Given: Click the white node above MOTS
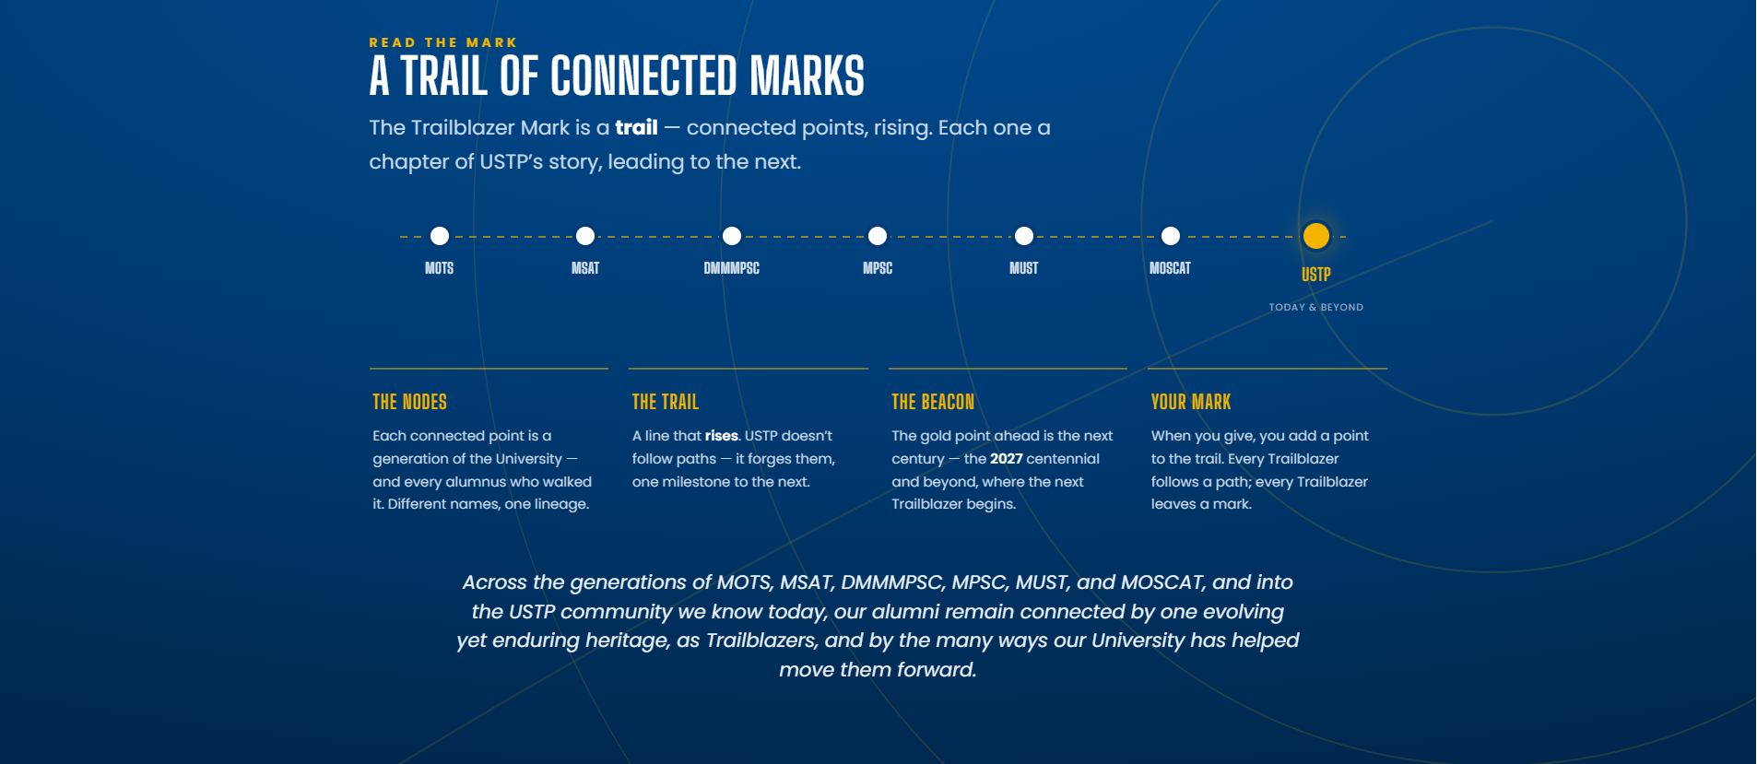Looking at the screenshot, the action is (x=440, y=236).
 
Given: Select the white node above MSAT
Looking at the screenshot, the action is (x=585, y=236).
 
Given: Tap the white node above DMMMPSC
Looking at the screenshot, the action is (x=732, y=236).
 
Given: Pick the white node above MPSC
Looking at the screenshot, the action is (x=878, y=236).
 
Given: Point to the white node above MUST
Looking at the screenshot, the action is (x=1024, y=236).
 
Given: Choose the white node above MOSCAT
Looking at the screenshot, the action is (x=1171, y=236).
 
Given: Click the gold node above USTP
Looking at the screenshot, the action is (x=1316, y=236).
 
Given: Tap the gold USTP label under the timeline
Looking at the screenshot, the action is (x=1316, y=275).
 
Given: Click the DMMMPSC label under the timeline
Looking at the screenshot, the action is (x=732, y=268).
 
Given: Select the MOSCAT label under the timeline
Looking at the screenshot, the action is (x=1171, y=268).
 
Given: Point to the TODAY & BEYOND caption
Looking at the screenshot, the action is (x=1316, y=307).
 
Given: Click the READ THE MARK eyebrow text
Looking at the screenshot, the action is (x=443, y=42).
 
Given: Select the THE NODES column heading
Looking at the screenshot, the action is (x=410, y=402).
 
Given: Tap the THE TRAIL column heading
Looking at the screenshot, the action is (x=666, y=402).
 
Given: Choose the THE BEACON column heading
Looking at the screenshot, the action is (x=933, y=402).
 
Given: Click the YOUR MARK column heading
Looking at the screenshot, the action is (x=1191, y=402).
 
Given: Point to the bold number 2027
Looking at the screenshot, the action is (x=1007, y=459).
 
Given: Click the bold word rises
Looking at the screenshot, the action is (x=722, y=436).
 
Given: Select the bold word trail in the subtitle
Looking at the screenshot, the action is (x=637, y=127).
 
